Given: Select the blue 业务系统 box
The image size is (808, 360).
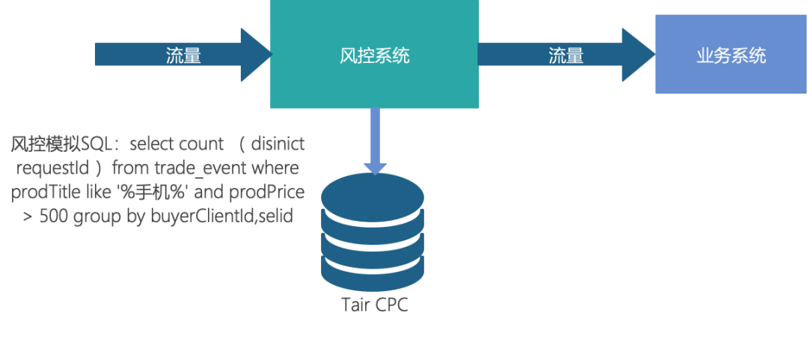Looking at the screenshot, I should (731, 75).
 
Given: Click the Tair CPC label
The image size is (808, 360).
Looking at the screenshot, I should (375, 305).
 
